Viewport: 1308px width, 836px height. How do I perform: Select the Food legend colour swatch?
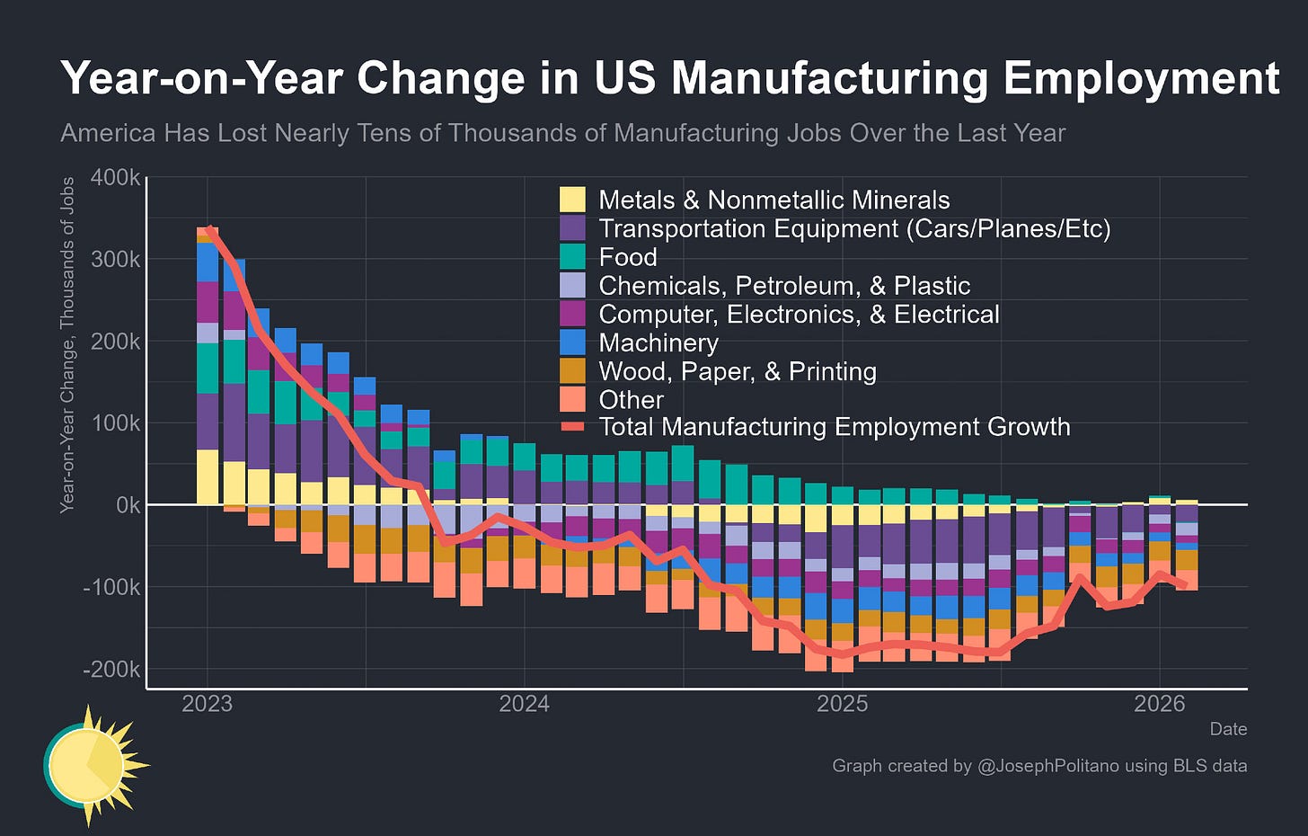(572, 257)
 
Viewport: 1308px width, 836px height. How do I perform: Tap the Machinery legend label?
(658, 342)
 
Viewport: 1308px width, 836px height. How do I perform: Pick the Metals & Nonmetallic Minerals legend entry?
(773, 200)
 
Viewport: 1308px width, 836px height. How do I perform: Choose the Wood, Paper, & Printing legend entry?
(737, 371)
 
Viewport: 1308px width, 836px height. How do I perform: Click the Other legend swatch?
(572, 400)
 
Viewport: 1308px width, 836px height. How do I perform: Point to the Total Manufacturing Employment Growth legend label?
(834, 427)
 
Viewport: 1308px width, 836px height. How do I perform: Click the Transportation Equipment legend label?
(854, 228)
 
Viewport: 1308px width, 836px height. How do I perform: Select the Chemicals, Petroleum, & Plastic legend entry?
(784, 286)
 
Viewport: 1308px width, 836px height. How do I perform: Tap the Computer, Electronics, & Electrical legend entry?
(799, 314)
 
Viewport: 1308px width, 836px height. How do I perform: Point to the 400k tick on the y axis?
(115, 177)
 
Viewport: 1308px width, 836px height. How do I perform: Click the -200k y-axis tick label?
(111, 670)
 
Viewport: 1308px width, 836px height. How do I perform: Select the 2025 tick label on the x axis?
(842, 704)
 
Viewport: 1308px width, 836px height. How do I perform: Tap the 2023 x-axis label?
(207, 704)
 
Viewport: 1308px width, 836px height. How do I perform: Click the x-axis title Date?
(1227, 729)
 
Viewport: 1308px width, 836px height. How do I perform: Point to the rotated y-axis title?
(67, 345)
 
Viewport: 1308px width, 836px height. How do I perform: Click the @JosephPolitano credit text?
(1039, 766)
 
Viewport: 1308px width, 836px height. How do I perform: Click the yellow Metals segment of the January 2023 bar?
(208, 476)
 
